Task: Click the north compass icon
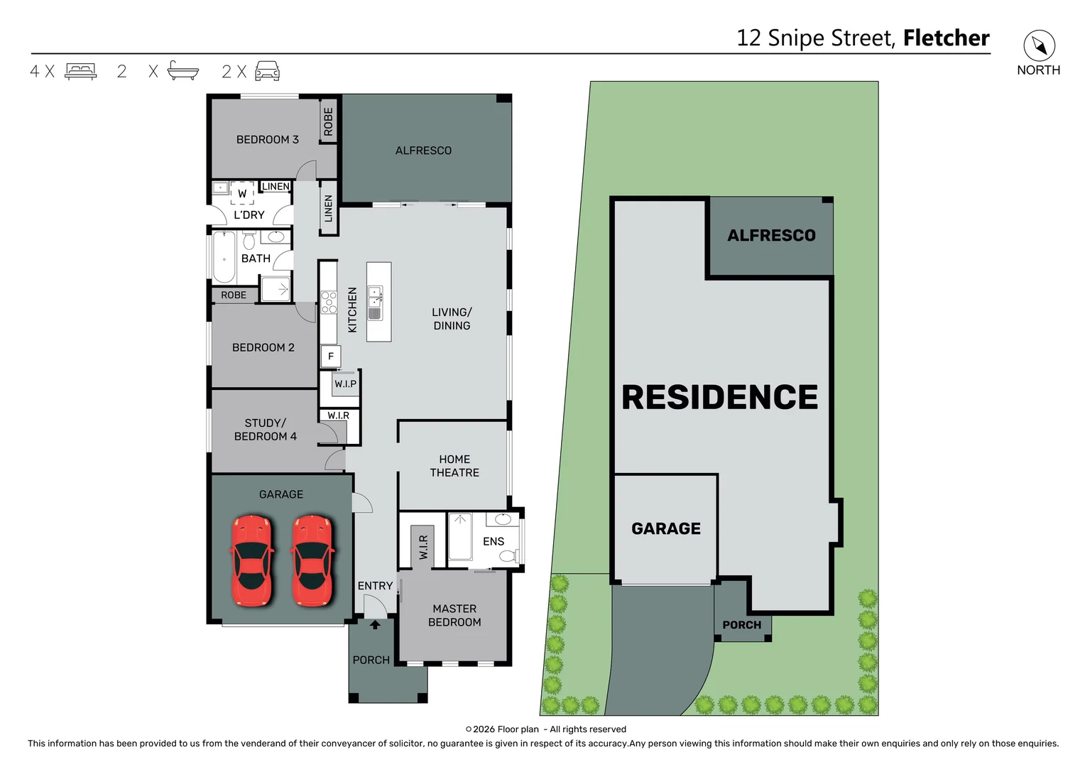pos(1039,46)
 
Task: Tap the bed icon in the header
pos(80,71)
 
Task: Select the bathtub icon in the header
pos(182,70)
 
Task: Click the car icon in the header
pos(267,71)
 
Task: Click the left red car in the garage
pos(251,561)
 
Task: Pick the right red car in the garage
pos(312,561)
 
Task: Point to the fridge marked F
pos(331,357)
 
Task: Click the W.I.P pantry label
pos(346,384)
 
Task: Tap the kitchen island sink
pos(375,303)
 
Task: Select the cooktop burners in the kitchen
pos(329,302)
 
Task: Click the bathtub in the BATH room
pos(224,257)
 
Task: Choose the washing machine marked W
pos(242,193)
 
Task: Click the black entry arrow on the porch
pos(375,625)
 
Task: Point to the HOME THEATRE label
pos(454,466)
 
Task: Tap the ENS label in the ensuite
pos(494,541)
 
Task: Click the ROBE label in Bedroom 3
pos(328,121)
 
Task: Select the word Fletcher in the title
pos(946,38)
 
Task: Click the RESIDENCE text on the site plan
pos(719,397)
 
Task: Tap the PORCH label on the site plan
pos(741,625)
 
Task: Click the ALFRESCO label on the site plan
pos(771,235)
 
